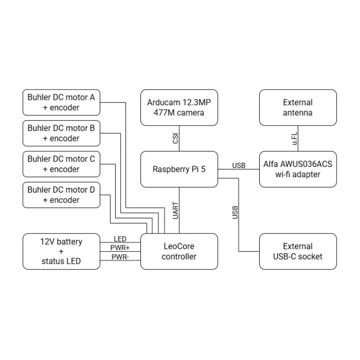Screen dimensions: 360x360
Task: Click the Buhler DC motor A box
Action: point(61,102)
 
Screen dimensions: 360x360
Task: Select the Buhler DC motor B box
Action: point(61,133)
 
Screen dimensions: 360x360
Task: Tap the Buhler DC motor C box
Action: point(61,164)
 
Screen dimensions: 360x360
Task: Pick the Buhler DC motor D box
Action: point(61,195)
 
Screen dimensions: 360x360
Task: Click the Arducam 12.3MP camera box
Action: point(179,108)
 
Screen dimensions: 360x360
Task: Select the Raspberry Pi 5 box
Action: point(179,169)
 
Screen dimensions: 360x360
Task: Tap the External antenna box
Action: point(298,108)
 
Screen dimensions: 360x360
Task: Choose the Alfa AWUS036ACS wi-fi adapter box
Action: point(298,169)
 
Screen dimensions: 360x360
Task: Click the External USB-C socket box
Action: point(298,252)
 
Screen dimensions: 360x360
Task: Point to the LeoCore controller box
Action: point(179,252)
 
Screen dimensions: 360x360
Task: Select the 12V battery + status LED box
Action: point(61,252)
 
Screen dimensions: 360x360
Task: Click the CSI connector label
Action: point(175,139)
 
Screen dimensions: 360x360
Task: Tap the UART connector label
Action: point(175,210)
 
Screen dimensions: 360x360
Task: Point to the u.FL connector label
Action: point(295,138)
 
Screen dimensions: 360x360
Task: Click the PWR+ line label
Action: point(120,248)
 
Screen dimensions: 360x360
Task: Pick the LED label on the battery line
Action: point(120,239)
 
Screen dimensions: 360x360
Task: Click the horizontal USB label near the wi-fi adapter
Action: point(239,166)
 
